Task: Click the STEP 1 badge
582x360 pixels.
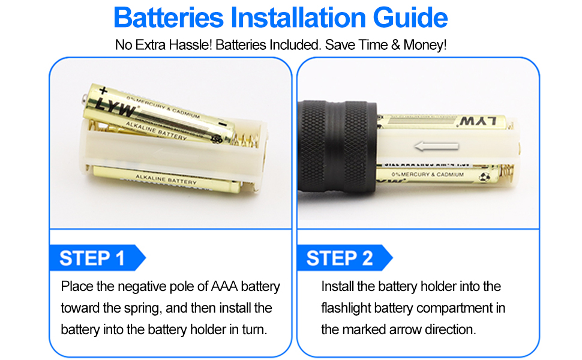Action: coord(93,258)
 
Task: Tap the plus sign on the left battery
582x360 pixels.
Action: coord(103,91)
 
